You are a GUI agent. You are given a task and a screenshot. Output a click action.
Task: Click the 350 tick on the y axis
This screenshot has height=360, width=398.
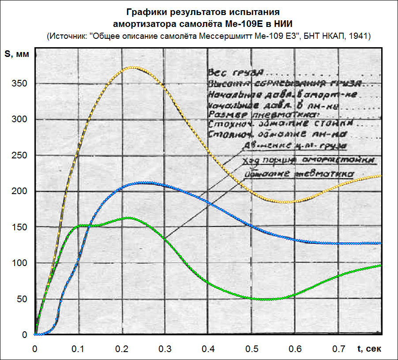point(21,84)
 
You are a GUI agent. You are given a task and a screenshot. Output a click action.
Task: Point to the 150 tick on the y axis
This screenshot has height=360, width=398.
point(21,227)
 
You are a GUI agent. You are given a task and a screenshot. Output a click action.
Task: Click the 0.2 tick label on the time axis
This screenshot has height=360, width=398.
point(121,349)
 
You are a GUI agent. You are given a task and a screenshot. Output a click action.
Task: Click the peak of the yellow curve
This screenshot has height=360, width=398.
point(131,67)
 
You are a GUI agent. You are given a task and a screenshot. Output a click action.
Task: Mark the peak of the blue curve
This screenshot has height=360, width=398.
point(143,182)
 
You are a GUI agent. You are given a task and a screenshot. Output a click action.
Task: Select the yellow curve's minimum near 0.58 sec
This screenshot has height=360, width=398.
point(286,202)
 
